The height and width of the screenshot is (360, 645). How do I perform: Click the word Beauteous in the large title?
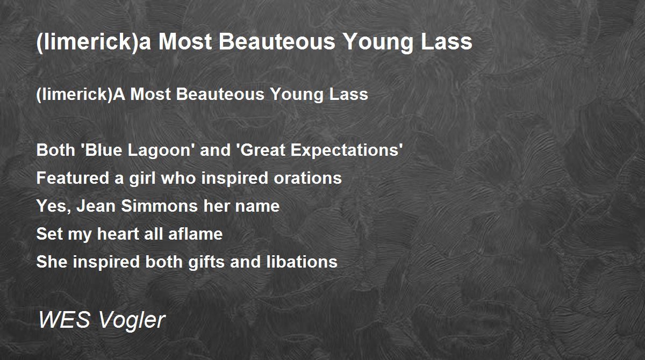coord(277,42)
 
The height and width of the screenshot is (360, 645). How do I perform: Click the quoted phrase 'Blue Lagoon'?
coord(136,151)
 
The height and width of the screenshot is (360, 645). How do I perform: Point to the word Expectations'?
coord(347,151)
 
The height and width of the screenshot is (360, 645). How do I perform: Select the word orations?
coord(307,178)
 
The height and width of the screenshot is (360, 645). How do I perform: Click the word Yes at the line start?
coord(52,206)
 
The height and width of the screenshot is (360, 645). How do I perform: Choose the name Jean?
coord(96,206)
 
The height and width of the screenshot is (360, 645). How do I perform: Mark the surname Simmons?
coord(159,206)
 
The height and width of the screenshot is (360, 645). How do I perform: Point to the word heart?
coord(118,234)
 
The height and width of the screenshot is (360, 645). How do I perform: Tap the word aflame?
coord(195,234)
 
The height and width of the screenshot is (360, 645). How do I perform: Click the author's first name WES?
coord(64,319)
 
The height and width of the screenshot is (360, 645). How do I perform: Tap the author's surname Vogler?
coord(132,321)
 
